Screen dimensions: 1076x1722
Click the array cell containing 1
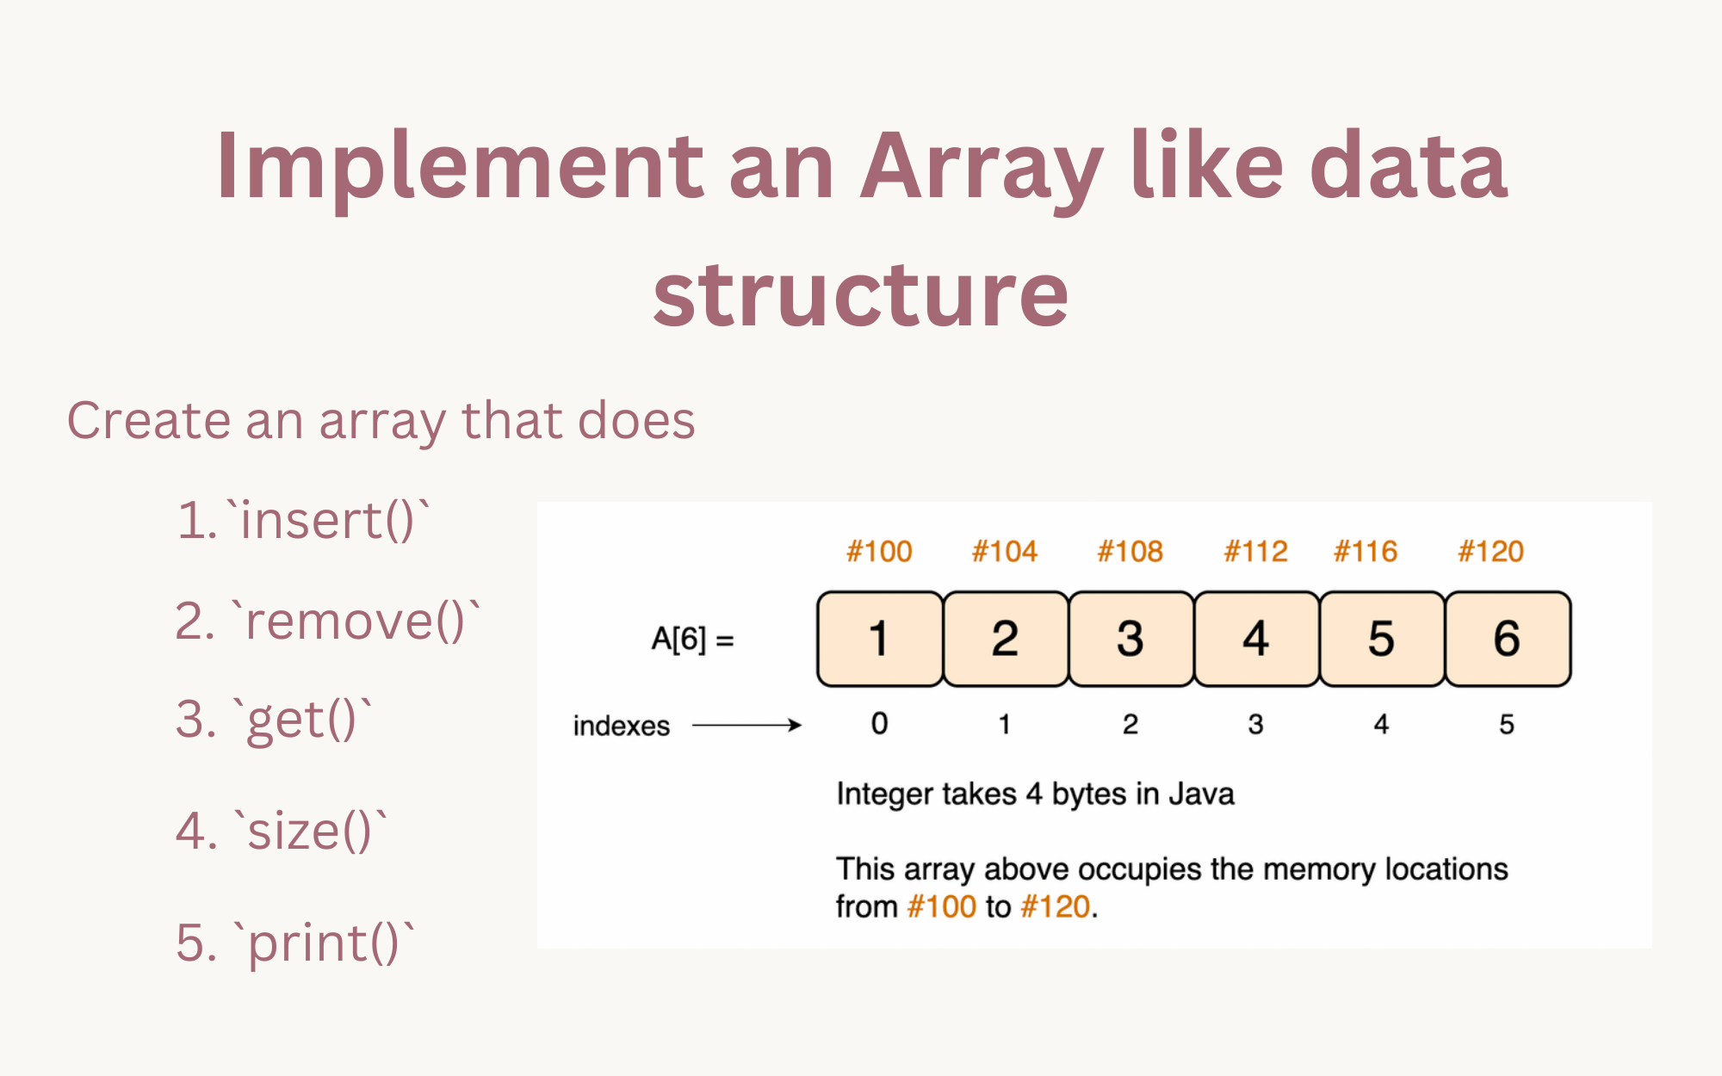879,639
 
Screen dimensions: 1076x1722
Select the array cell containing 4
1255,639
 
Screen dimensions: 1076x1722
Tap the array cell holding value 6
1507,639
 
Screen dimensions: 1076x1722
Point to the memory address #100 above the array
879,551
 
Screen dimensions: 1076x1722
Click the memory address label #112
1255,551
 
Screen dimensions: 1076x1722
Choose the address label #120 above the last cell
1490,551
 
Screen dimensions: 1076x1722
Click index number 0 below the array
879,724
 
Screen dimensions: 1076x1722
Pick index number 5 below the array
1506,724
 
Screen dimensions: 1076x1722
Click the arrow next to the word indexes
746,726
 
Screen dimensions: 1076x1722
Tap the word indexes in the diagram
621,727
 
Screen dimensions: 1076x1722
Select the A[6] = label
692,640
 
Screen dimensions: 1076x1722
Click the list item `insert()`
303,521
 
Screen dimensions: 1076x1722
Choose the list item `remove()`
327,621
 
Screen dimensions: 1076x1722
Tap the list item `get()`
274,720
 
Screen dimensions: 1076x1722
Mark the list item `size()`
282,832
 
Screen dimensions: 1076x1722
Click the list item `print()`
295,943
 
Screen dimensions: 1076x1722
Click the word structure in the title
860,295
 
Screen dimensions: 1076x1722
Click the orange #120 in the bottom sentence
1056,906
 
